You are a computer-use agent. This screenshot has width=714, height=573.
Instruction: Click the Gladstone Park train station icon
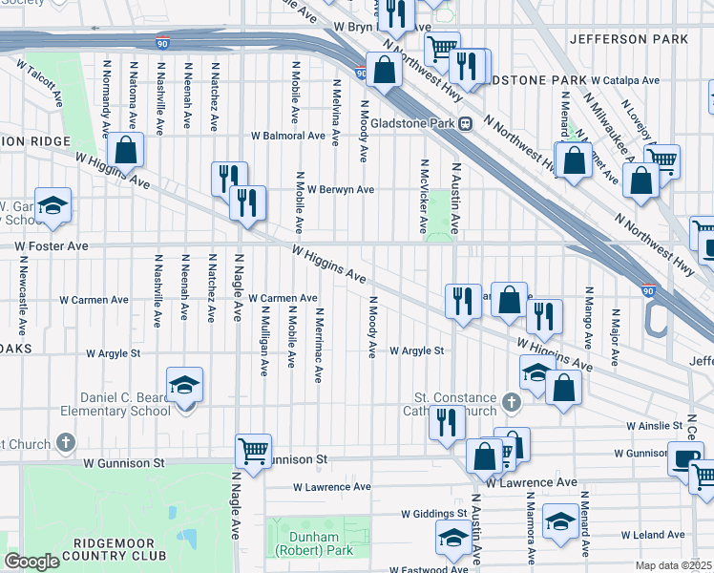point(466,122)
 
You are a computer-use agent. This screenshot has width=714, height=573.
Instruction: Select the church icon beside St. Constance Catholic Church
point(511,402)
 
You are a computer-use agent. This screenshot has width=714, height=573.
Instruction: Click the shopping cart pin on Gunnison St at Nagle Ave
point(253,450)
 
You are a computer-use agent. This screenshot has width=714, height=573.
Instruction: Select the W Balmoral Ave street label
point(288,136)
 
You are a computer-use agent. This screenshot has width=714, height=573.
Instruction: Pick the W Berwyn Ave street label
point(339,189)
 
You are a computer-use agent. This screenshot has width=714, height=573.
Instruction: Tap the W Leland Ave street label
point(653,535)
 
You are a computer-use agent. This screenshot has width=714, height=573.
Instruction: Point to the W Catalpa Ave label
point(624,80)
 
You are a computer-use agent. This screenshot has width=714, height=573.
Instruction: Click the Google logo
point(31,562)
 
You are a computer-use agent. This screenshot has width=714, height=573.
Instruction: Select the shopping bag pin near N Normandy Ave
point(126,150)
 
